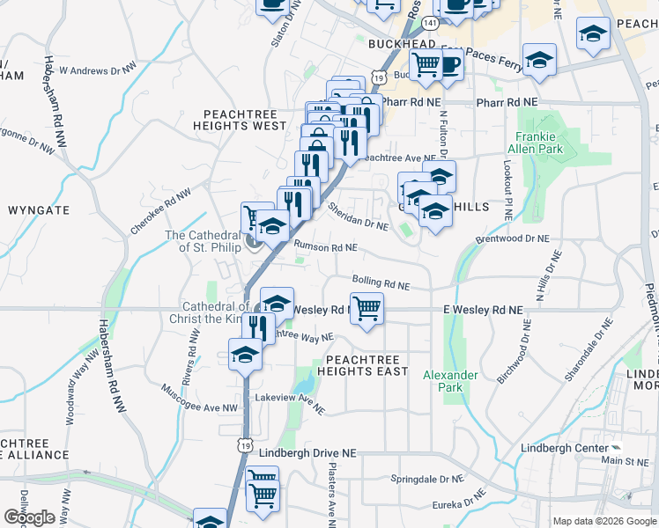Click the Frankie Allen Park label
pyautogui.click(x=536, y=143)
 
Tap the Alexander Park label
pyautogui.click(x=450, y=381)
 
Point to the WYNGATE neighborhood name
pyautogui.click(x=39, y=211)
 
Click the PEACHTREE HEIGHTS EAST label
pyautogui.click(x=367, y=365)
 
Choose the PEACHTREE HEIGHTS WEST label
pyautogui.click(x=245, y=120)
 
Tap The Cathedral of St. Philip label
pyautogui.click(x=203, y=241)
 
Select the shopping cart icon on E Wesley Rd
pyautogui.click(x=367, y=308)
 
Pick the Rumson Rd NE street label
pyautogui.click(x=325, y=248)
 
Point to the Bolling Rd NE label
pyautogui.click(x=381, y=283)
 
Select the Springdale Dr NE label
pyautogui.click(x=426, y=480)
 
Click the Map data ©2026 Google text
pyautogui.click(x=604, y=521)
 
